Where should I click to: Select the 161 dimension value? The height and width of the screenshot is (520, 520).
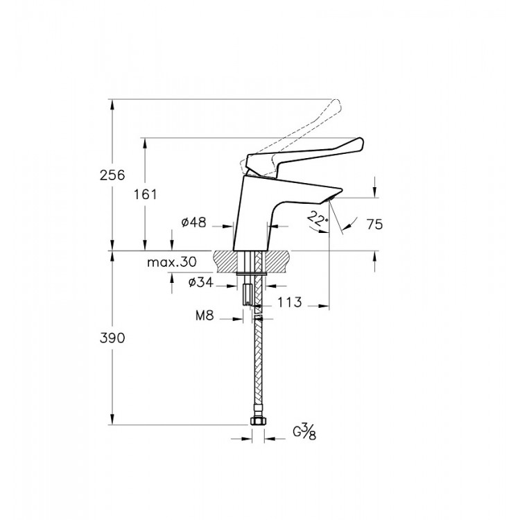pos(146,194)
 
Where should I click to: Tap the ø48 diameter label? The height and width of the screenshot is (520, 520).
pos(194,223)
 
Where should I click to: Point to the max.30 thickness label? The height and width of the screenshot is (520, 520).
pos(172,263)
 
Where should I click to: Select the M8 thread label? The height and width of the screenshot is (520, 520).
pos(204,316)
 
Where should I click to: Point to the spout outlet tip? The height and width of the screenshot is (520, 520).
pos(333,198)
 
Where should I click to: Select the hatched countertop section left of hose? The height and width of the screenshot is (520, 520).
pos(229,261)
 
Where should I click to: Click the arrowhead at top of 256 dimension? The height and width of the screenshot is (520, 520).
pos(112,104)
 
